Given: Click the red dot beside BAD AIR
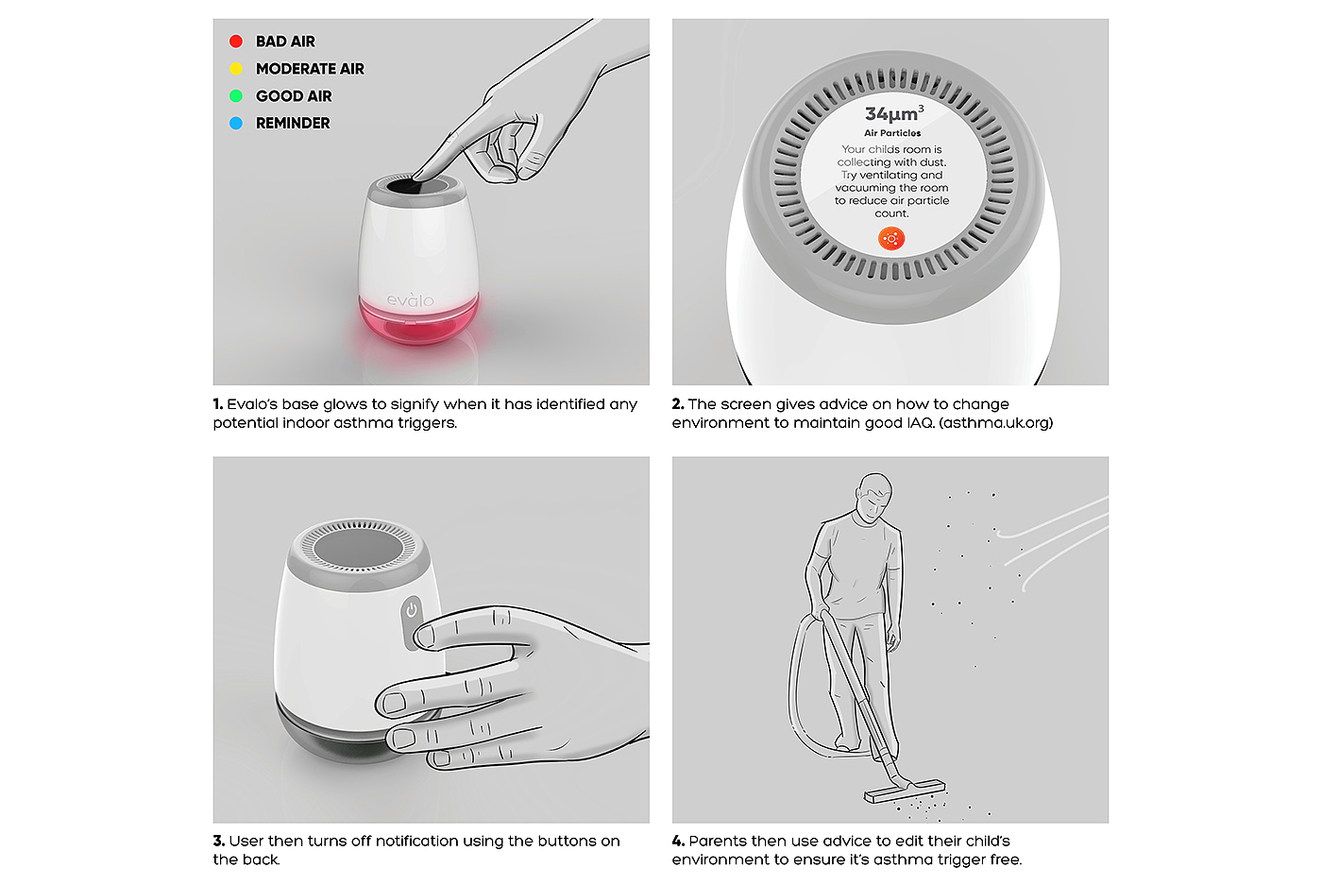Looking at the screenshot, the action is point(236,42).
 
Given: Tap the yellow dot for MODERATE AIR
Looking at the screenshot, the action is point(236,69).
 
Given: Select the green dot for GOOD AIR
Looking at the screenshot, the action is point(236,95).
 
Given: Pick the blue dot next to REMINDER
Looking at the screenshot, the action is point(236,123).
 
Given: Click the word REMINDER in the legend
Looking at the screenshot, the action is point(293,123).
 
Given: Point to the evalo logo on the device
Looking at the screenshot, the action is point(410,300).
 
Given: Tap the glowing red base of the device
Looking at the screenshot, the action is point(418,322).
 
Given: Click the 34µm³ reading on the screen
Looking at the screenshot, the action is point(894,112).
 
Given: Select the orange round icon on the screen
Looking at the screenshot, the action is point(891,239).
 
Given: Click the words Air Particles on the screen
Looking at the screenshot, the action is point(892,133).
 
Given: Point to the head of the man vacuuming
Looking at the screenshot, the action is point(874,497).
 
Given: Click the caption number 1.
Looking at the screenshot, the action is point(218,404).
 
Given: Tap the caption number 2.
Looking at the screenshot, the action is point(678,404).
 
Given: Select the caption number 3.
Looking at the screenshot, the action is point(218,841).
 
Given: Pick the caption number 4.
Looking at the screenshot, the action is point(678,841).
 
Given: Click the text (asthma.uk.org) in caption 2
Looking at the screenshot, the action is point(995,423).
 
